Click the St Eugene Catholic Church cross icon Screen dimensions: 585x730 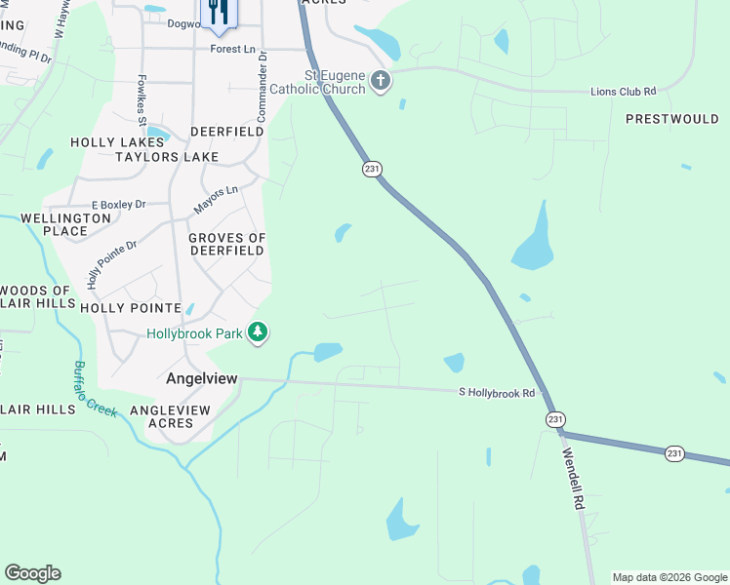(381, 80)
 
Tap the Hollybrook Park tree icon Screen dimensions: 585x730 (258, 333)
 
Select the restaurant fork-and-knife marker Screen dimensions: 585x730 (218, 12)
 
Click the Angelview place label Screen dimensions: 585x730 (202, 378)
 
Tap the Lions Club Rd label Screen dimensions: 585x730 (623, 92)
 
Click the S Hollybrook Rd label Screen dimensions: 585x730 (498, 393)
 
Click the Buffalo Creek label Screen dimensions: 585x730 (94, 388)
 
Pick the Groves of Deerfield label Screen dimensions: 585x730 (226, 244)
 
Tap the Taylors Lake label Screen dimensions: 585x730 (166, 156)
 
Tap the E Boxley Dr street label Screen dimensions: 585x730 (117, 205)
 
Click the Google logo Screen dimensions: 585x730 (32, 573)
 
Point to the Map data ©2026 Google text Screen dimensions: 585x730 (669, 577)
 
